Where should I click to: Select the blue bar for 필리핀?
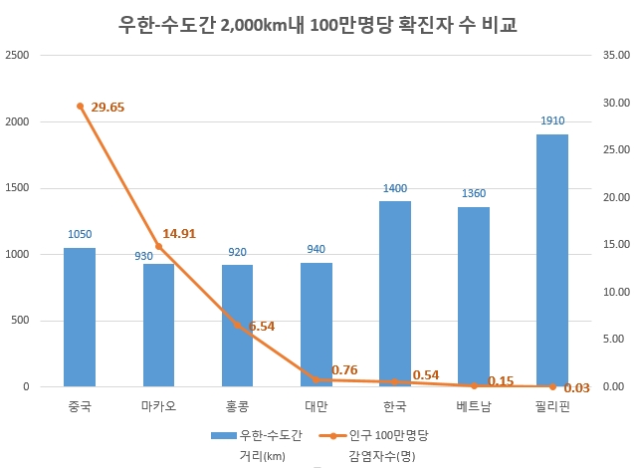[552, 260]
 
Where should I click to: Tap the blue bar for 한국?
[395, 294]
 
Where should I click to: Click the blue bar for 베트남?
[474, 297]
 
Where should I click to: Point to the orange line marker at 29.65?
[80, 106]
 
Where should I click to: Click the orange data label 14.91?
[179, 234]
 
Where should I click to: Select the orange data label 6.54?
[263, 326]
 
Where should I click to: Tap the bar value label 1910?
[552, 121]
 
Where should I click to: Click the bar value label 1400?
[395, 188]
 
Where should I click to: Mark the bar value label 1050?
[80, 235]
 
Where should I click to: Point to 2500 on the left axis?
[19, 56]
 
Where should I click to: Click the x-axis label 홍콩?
[237, 406]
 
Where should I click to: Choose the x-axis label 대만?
[316, 406]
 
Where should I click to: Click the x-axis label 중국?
[80, 406]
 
